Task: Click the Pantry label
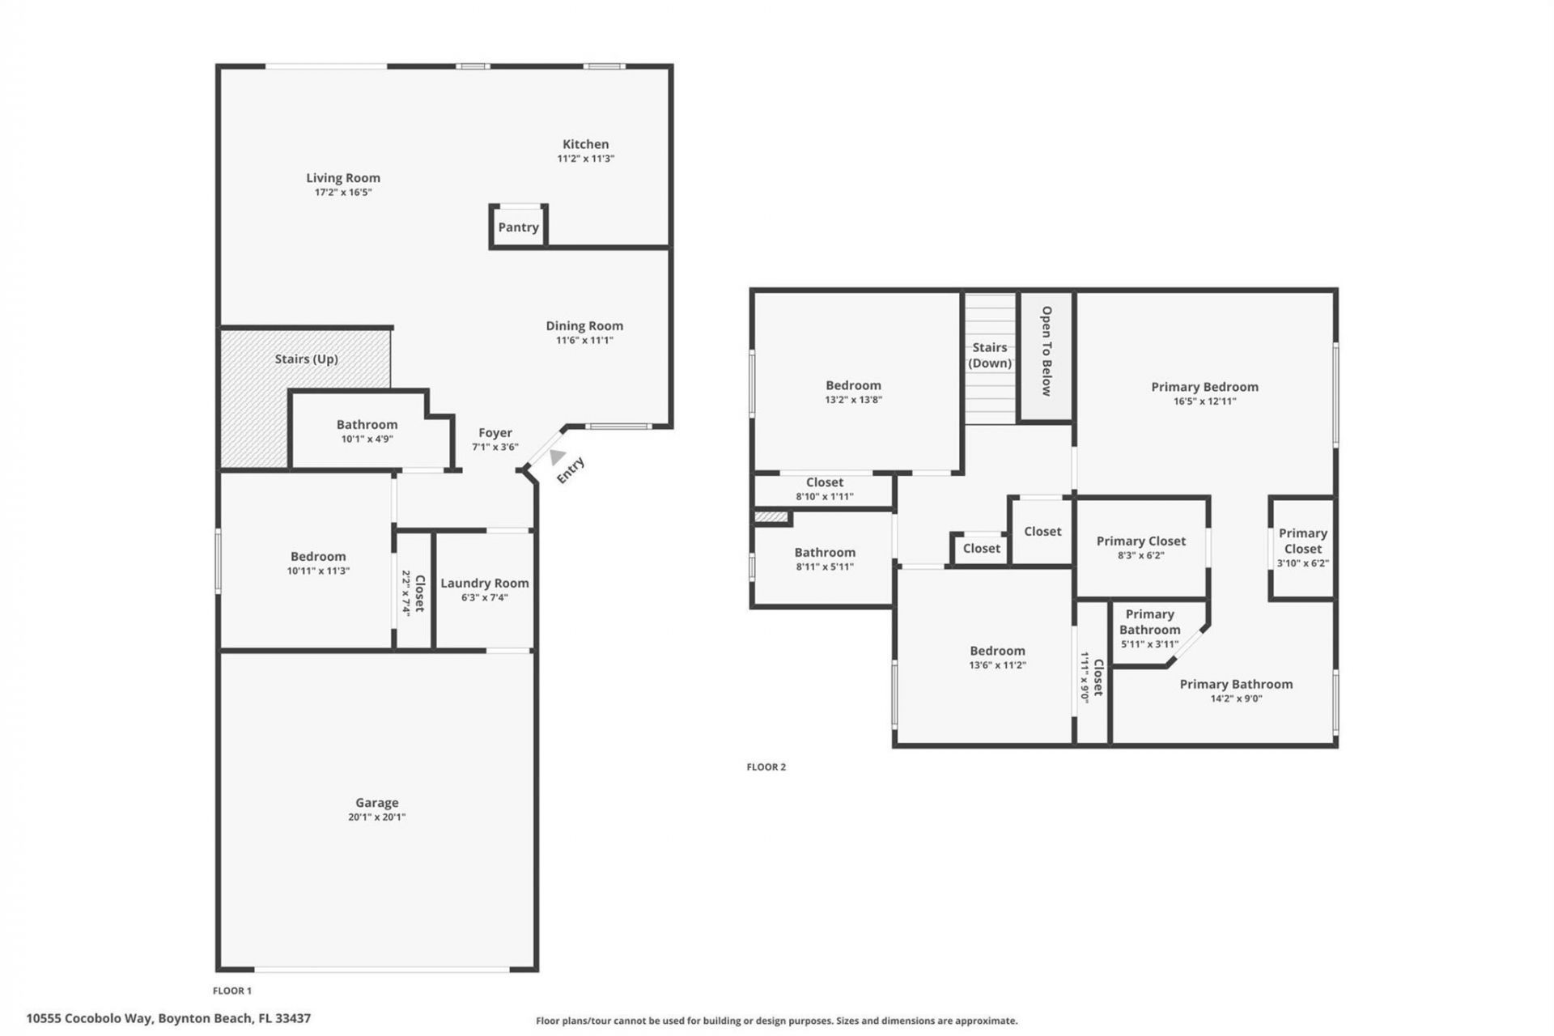coord(518,227)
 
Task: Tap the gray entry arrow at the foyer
coord(557,457)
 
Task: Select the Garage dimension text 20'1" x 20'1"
coord(376,817)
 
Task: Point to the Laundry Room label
coord(484,583)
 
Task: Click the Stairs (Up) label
coord(306,359)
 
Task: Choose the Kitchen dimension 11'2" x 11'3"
coord(585,159)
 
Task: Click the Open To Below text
coord(1046,350)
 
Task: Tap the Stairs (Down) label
coord(990,355)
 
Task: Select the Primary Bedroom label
coord(1204,387)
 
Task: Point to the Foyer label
coord(495,433)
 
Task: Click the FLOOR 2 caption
coord(766,767)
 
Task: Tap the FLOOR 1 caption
coord(232,991)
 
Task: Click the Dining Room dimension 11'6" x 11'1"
coord(584,341)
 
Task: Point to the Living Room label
coord(342,178)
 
